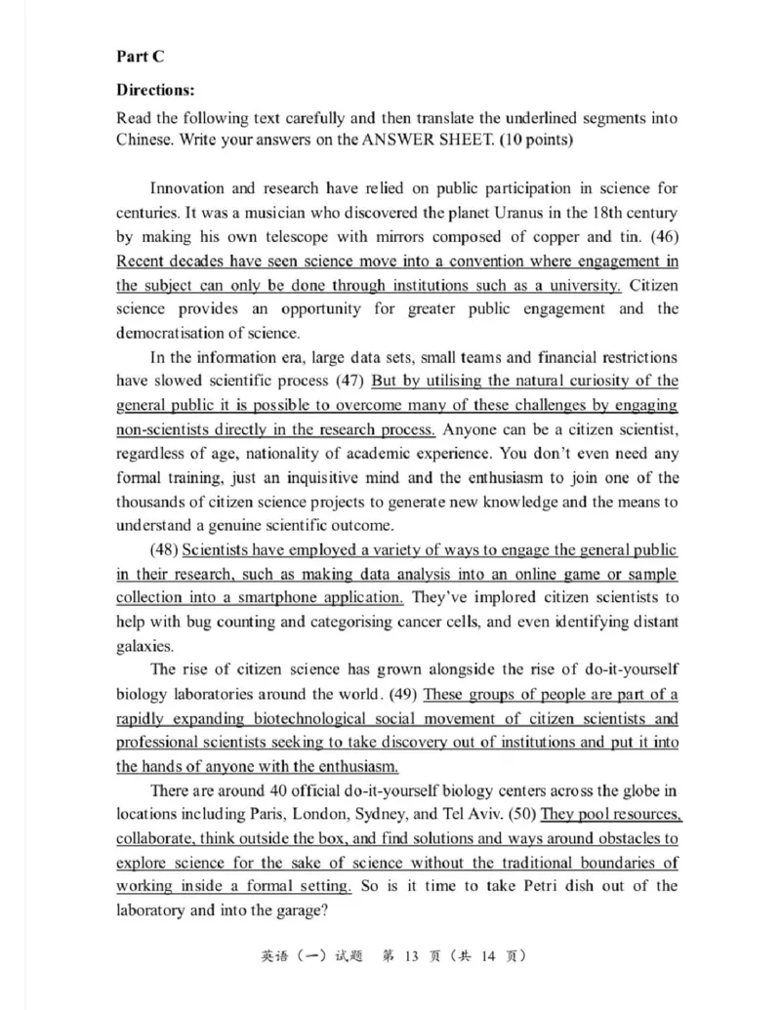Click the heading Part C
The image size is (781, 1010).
(x=136, y=56)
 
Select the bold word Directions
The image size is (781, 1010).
(x=155, y=91)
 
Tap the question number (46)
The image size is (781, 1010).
(x=662, y=236)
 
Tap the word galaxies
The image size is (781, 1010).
(x=146, y=645)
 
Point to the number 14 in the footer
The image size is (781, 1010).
(x=490, y=956)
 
